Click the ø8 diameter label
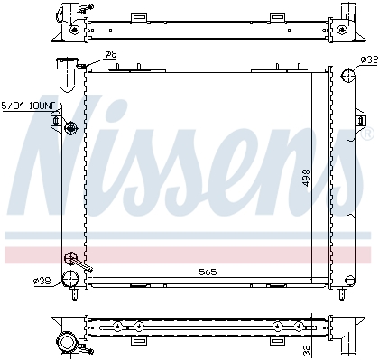[111, 54]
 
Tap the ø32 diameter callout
[369, 60]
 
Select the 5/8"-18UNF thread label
[29, 106]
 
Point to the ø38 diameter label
[42, 281]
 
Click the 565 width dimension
[208, 272]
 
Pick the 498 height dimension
[306, 178]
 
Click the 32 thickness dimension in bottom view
[307, 349]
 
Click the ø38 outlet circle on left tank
[70, 278]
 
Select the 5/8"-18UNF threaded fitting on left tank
[71, 129]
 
